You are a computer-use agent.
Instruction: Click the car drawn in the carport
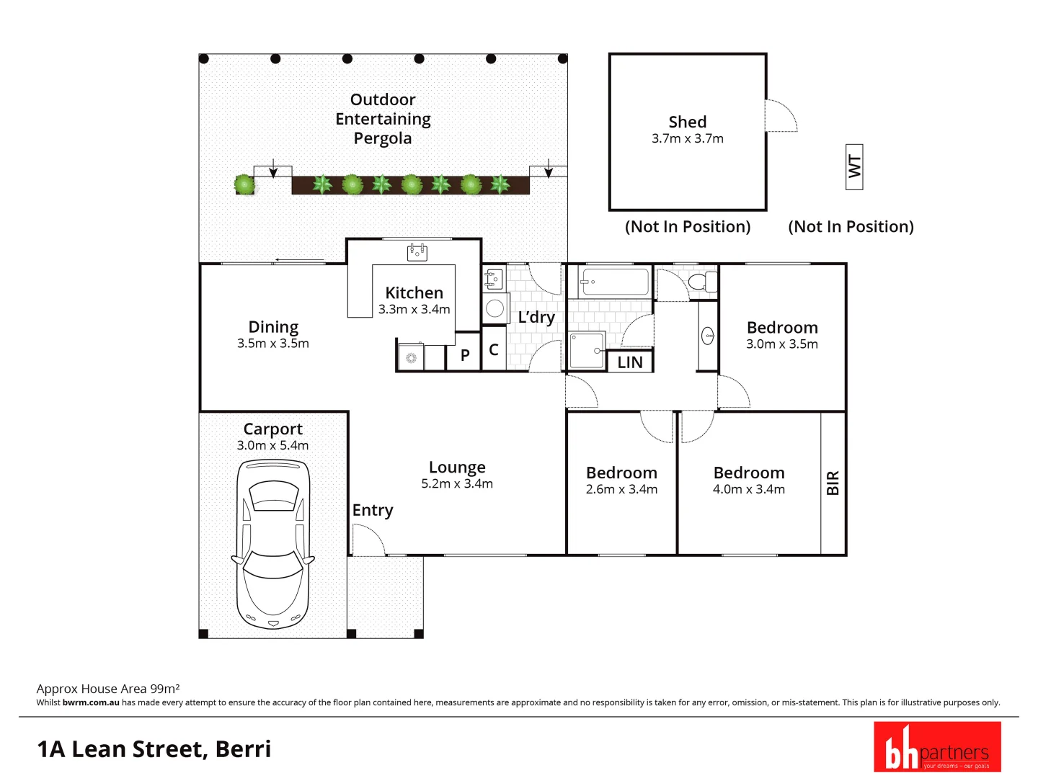[x=272, y=545]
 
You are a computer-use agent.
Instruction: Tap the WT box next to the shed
[x=854, y=166]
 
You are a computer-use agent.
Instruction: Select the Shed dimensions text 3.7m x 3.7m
[x=687, y=138]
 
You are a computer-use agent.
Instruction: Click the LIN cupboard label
[x=629, y=362]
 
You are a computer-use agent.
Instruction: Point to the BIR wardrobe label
[x=833, y=483]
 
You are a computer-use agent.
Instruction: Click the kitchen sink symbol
[x=417, y=252]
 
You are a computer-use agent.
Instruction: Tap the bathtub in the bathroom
[x=615, y=282]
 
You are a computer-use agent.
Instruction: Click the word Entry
[x=373, y=510]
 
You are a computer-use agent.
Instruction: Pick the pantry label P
[x=465, y=355]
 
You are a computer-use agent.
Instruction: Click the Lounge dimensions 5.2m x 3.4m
[x=457, y=484]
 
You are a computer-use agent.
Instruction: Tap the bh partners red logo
[x=937, y=747]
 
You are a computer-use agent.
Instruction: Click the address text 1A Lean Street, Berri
[x=154, y=749]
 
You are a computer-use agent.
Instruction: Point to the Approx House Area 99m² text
[x=108, y=689]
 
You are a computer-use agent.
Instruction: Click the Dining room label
[x=273, y=327]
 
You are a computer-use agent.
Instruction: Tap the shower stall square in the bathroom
[x=586, y=350]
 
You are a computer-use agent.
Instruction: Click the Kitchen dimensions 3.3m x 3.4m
[x=414, y=310]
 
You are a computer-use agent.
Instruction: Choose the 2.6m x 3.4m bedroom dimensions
[x=621, y=490]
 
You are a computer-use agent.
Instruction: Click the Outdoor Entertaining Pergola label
[x=383, y=119]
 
